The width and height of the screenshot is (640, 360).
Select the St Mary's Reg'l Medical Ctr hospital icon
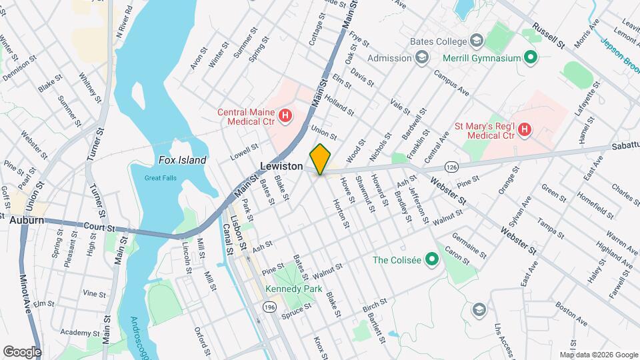click(525, 129)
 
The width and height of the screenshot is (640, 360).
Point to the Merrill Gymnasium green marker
click(531, 58)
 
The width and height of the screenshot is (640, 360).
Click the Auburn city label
click(26, 219)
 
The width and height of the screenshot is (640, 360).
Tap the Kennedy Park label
click(293, 289)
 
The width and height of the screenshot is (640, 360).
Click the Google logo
click(22, 351)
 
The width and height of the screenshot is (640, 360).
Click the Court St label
click(99, 227)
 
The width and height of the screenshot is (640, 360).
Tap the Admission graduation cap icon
click(421, 58)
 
